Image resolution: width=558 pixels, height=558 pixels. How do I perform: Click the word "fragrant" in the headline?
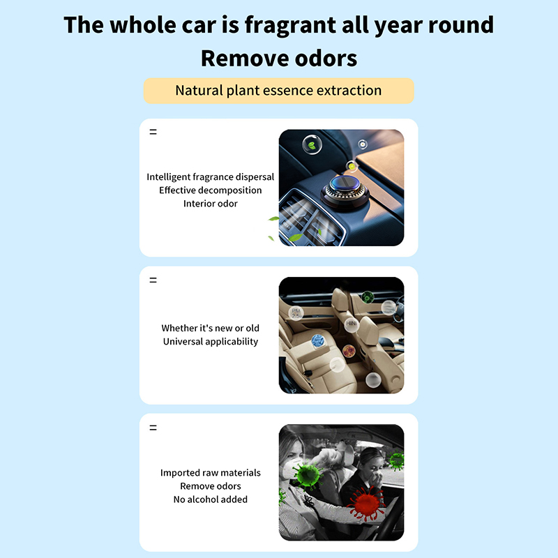pos(290,25)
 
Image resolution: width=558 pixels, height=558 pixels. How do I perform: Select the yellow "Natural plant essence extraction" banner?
pos(278,91)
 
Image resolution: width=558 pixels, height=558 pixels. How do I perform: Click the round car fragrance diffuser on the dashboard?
pos(343,193)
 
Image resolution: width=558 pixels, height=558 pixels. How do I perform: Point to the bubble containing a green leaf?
pos(312,144)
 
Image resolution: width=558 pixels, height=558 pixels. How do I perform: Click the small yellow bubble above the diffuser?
pos(352,166)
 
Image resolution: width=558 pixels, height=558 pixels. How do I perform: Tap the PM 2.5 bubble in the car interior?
pos(296,313)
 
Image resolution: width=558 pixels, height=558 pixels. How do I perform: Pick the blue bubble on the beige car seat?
pos(318,341)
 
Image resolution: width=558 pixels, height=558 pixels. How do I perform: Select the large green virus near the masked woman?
pos(308,475)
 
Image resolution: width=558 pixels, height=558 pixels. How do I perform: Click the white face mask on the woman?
pos(291,468)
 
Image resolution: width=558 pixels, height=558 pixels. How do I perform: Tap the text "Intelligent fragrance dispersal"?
pos(211,177)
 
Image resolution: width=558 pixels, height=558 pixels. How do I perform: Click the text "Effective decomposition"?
pos(211,190)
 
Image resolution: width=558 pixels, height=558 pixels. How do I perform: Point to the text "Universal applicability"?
pos(211,342)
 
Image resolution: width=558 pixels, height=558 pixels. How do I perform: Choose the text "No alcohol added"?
pos(211,499)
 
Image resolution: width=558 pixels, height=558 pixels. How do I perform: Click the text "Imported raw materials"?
pos(211,473)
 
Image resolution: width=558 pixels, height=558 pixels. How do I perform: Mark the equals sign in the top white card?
pos(153,132)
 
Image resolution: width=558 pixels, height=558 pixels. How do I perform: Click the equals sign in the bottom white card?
pos(153,428)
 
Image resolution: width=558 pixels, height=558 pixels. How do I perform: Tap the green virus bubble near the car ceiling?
pos(368,296)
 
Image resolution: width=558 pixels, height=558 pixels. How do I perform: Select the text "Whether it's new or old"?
pos(211,328)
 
